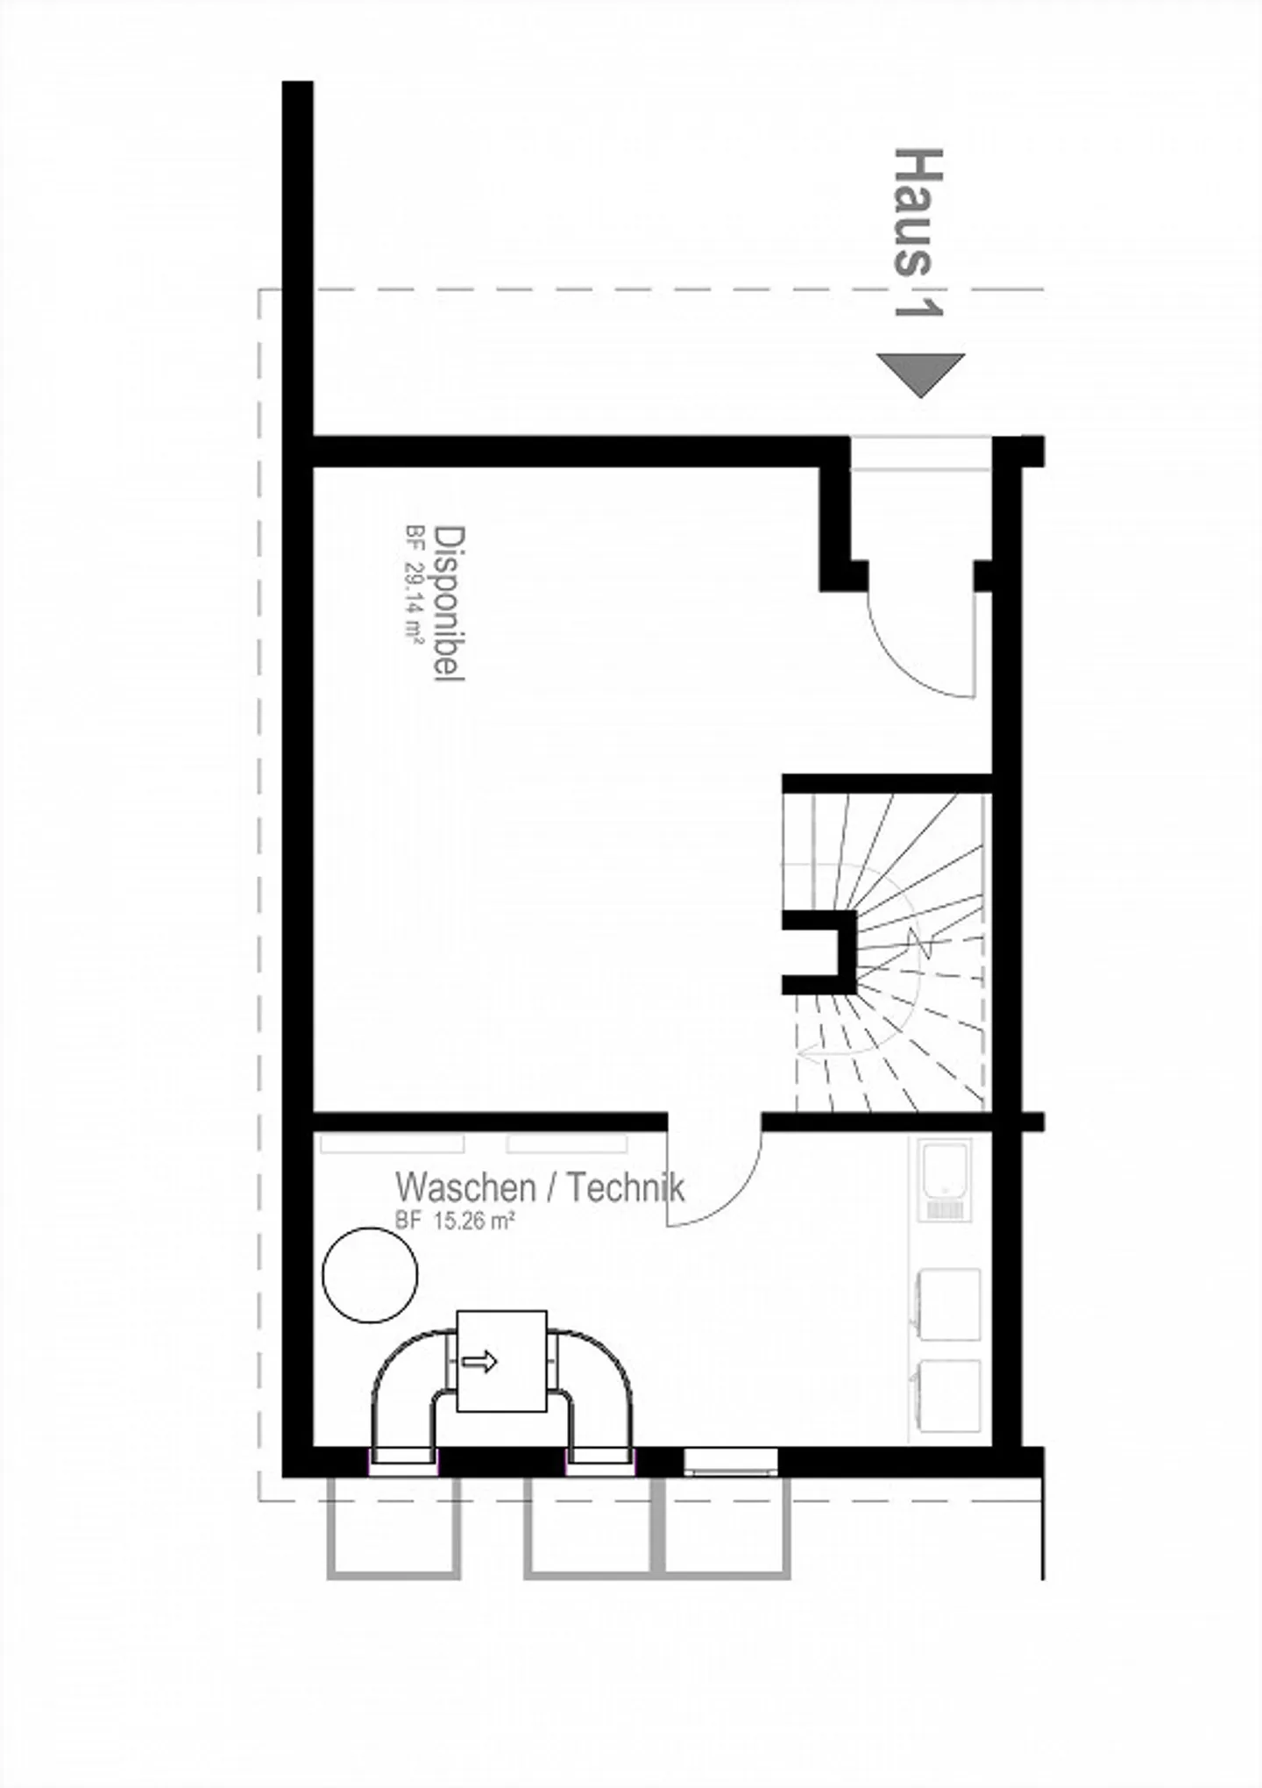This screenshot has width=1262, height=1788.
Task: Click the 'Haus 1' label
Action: click(918, 232)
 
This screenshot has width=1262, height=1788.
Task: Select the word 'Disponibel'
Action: click(450, 603)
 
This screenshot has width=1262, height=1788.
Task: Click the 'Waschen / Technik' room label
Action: click(540, 1187)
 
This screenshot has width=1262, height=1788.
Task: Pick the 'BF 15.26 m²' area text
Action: click(454, 1221)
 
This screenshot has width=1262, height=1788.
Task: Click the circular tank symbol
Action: click(370, 1274)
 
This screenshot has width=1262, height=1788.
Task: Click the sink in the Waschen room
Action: click(945, 1179)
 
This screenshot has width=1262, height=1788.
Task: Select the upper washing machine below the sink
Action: click(947, 1304)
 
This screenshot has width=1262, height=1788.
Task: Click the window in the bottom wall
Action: click(731, 1461)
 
